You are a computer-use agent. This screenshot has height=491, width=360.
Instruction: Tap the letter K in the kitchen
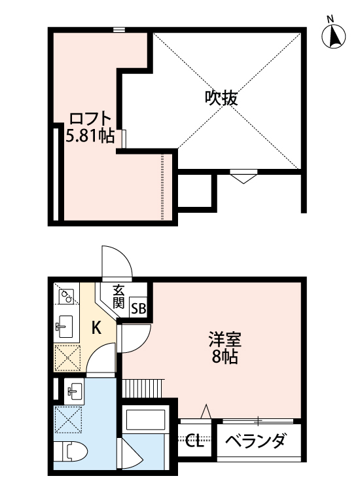(96, 328)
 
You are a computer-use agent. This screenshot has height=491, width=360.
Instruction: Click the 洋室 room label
(225, 340)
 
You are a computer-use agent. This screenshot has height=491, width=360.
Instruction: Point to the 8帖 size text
(225, 357)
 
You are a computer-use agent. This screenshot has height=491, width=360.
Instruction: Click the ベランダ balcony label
(256, 441)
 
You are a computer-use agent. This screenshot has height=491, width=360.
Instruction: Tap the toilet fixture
(69, 452)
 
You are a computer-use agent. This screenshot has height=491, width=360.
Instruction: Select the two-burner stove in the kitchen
(65, 297)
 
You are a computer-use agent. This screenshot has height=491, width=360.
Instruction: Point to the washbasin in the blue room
(73, 392)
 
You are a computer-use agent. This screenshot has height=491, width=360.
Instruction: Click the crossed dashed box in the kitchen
(66, 357)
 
